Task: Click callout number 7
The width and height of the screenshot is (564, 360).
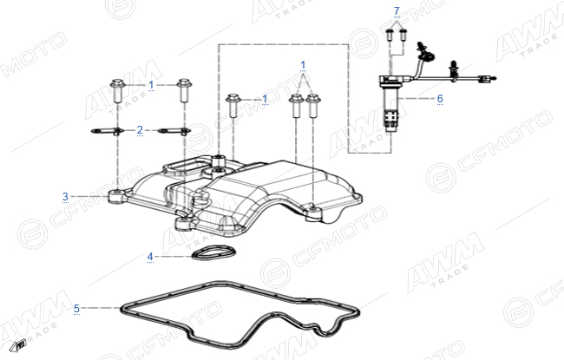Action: click(397, 11)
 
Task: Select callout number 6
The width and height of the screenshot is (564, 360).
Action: click(440, 98)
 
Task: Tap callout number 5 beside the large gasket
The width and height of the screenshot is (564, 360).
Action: click(76, 309)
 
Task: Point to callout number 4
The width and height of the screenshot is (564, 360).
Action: click(150, 257)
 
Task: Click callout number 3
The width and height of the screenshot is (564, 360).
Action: click(65, 197)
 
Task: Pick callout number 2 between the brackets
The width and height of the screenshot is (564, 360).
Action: click(140, 130)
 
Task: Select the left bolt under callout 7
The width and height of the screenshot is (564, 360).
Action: click(390, 36)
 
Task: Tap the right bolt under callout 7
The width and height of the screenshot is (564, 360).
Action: click(403, 36)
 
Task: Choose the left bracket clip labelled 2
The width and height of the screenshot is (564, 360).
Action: click(108, 131)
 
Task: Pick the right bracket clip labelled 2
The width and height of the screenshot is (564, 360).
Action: click(174, 131)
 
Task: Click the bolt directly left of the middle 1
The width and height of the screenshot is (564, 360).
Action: click(233, 105)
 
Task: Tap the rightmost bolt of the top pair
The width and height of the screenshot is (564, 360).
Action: click(313, 106)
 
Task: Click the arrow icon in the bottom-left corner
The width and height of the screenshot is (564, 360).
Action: click(17, 345)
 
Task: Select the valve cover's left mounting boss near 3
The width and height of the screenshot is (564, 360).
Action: click(118, 196)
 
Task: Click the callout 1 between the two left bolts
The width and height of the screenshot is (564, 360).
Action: click(151, 85)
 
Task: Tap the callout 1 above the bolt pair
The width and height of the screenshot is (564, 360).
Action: click(303, 65)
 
